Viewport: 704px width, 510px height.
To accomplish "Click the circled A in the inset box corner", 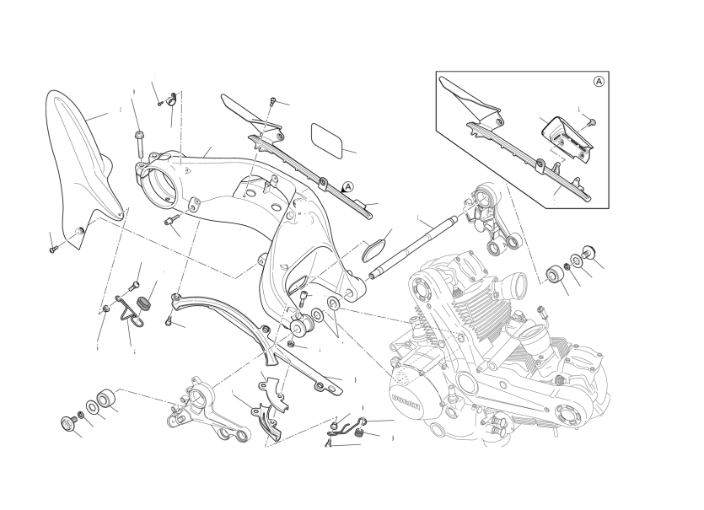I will (x=599, y=82).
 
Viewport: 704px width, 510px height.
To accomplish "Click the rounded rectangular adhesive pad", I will (x=329, y=139).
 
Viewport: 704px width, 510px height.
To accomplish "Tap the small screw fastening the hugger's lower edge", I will (x=53, y=250).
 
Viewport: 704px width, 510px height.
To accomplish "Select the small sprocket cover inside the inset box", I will (x=567, y=139).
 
